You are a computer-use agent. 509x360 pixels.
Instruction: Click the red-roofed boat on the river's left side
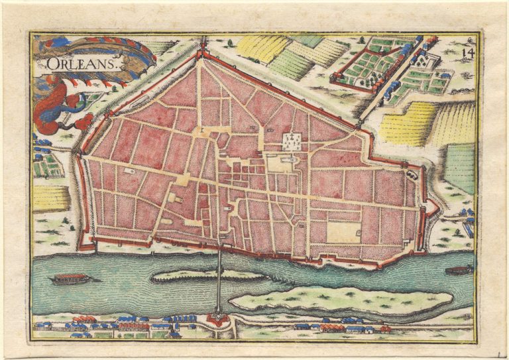click(71, 278)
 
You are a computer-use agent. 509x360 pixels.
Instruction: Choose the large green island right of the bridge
click(341, 300)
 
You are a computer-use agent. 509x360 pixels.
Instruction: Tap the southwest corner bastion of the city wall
click(85, 244)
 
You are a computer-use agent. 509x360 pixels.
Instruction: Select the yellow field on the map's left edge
click(50, 198)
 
